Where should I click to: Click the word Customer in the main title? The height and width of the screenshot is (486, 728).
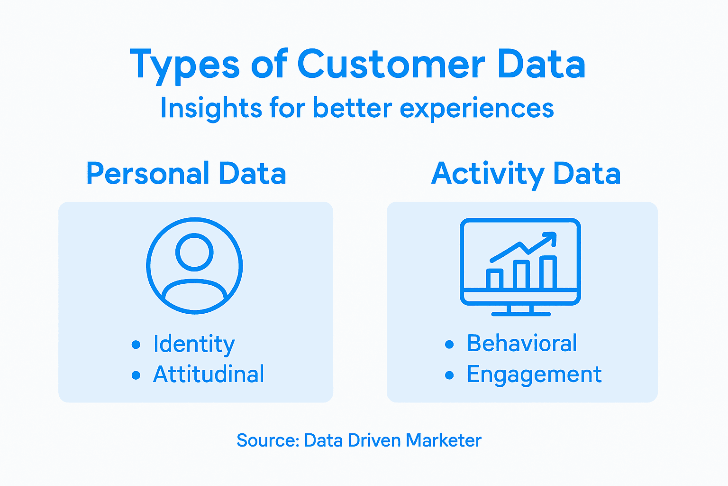tap(391, 65)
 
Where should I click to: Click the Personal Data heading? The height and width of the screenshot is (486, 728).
tap(186, 174)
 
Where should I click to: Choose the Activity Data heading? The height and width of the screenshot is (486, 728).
tap(526, 174)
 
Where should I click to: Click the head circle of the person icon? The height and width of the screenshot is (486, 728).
tap(194, 252)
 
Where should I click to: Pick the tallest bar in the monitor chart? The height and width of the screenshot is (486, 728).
tap(548, 272)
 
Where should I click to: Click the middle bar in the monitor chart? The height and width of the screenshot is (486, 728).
tap(521, 275)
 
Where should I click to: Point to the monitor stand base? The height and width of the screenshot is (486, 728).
tap(520, 314)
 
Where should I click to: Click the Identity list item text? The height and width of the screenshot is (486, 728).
tap(194, 344)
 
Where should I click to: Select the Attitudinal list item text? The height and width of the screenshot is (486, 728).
tap(209, 374)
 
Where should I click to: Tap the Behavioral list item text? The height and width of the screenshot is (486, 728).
tap(522, 343)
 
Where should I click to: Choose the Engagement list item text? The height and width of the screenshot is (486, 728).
tap(534, 375)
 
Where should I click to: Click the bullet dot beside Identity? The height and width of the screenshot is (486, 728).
tap(136, 345)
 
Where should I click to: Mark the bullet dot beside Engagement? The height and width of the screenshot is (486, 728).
tap(449, 375)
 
